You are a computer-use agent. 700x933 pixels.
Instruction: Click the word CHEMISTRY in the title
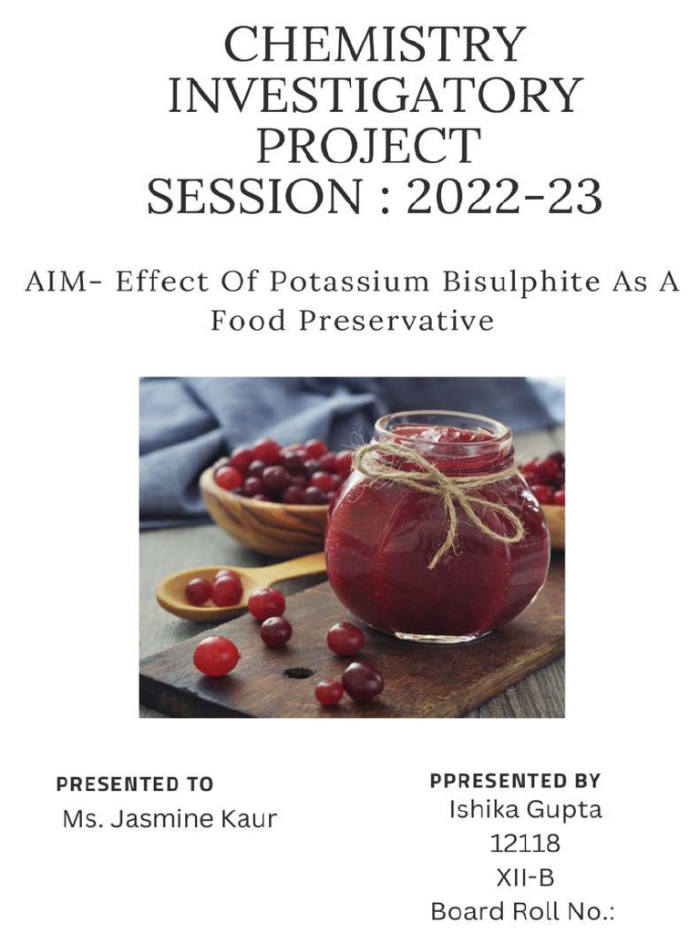[374, 45]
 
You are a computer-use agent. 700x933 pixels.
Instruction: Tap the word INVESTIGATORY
[375, 95]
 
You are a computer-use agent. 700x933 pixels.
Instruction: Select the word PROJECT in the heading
[367, 146]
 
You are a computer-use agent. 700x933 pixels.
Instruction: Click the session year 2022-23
[503, 196]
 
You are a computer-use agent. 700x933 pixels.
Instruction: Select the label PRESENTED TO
[134, 784]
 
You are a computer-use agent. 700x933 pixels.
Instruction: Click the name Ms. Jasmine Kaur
[169, 818]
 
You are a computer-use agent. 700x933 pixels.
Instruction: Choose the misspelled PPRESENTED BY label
[515, 781]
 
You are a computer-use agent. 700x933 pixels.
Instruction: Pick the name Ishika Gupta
[525, 809]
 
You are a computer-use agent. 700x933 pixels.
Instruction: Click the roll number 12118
[525, 844]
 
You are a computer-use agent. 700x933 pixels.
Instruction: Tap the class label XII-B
[525, 877]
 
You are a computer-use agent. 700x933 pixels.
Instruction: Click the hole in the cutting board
[298, 672]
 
